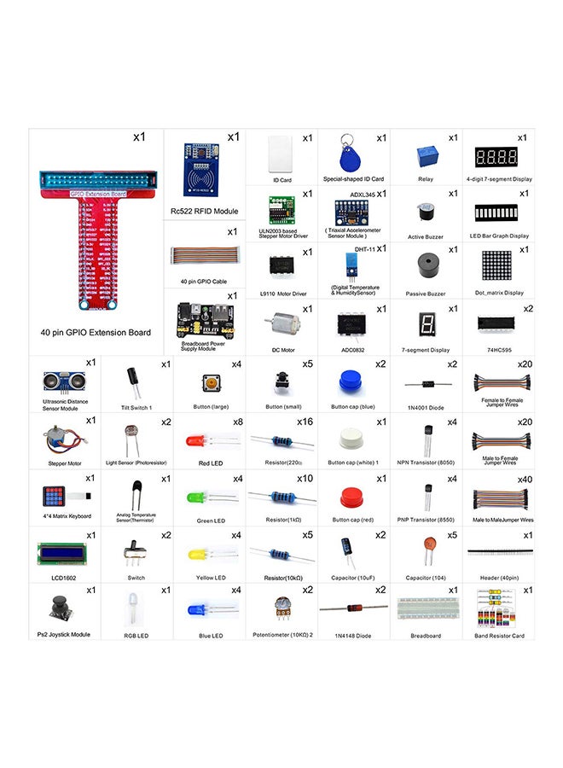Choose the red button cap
(348, 496)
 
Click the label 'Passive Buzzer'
(425, 294)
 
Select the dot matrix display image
(497, 266)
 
